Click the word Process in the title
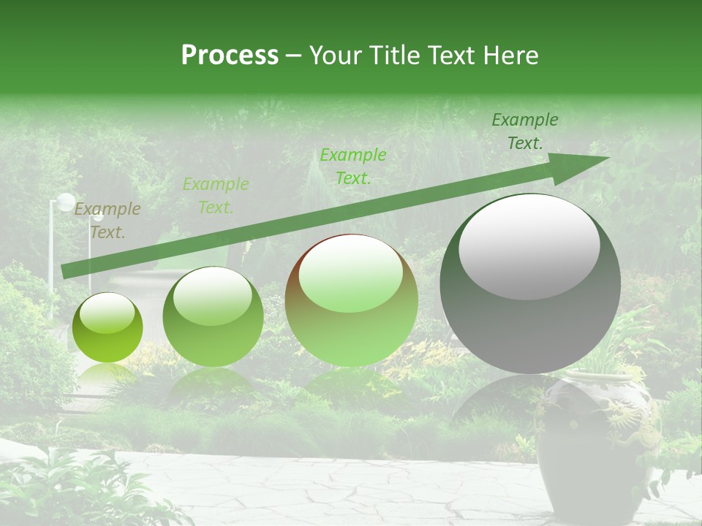point(230,56)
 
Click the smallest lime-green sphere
point(107,327)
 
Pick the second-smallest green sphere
point(213,317)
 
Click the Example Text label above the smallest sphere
point(107,221)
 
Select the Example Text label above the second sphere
point(216,196)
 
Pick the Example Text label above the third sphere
point(353,166)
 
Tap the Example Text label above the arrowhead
point(524,131)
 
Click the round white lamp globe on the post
point(66,202)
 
